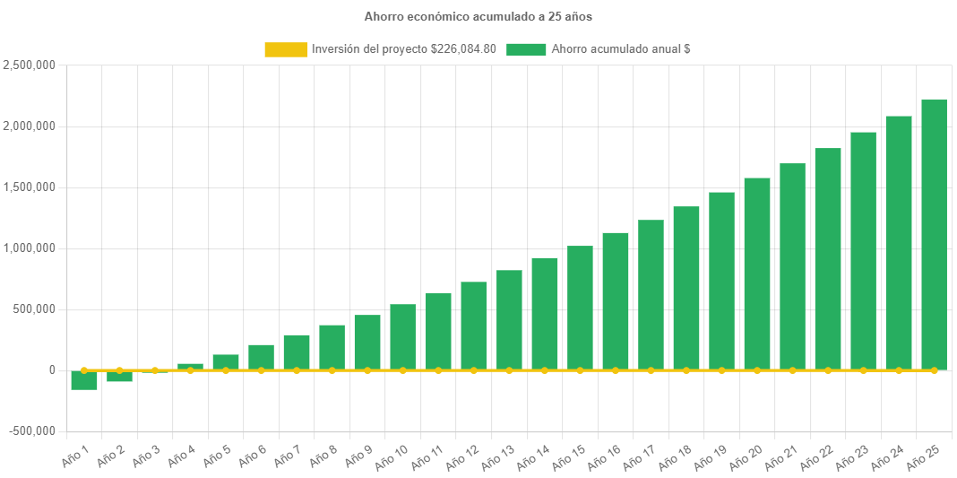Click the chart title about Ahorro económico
click(x=478, y=16)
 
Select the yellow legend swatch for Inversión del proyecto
click(x=285, y=49)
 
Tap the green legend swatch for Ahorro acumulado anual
click(x=526, y=49)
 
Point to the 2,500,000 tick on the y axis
click(x=30, y=65)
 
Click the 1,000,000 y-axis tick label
click(x=30, y=248)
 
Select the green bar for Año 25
click(x=934, y=235)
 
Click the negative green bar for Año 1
click(x=84, y=380)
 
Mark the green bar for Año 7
click(x=297, y=352)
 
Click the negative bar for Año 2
click(x=119, y=377)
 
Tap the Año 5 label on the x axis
click(x=217, y=456)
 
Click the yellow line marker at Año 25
click(x=934, y=369)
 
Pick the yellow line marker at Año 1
click(x=84, y=369)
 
